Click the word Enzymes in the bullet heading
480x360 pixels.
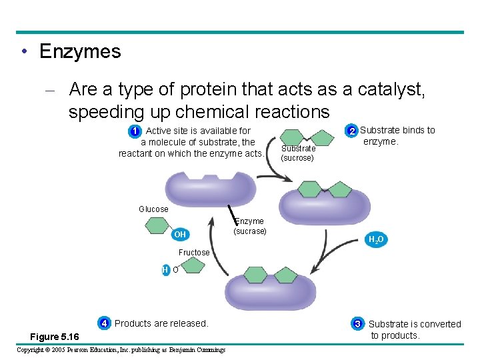pyautogui.click(x=80, y=51)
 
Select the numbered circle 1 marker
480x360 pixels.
pyautogui.click(x=135, y=131)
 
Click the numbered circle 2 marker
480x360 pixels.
pyautogui.click(x=351, y=131)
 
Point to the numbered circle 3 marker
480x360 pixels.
pyautogui.click(x=358, y=324)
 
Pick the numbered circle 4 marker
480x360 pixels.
pyautogui.click(x=105, y=323)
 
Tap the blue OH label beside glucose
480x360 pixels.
pyautogui.click(x=180, y=235)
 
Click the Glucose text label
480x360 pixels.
pyautogui.click(x=153, y=209)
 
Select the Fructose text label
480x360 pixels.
pyautogui.click(x=194, y=253)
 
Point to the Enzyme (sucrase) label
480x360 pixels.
pyautogui.click(x=250, y=226)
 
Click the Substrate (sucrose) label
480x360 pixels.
pyautogui.click(x=297, y=153)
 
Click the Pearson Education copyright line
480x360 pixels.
pyautogui.click(x=121, y=349)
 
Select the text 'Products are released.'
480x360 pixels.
pyautogui.click(x=161, y=323)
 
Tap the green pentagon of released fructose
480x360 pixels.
pyautogui.click(x=193, y=266)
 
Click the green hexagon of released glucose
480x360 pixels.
pyautogui.click(x=157, y=225)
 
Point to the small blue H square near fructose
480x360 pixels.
pyautogui.click(x=165, y=270)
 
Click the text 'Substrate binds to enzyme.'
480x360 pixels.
pyautogui.click(x=397, y=136)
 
